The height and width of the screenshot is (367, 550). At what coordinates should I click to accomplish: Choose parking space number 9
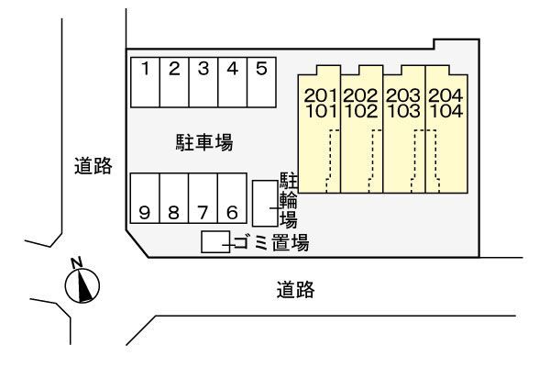(145, 199)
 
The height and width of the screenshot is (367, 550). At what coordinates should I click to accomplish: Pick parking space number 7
(203, 199)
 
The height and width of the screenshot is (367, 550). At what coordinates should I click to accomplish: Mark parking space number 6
(233, 199)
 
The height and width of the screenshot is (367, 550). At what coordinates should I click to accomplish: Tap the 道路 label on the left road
(93, 166)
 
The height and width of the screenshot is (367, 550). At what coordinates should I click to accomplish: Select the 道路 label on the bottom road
(295, 291)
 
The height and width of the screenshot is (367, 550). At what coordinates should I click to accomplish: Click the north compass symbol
(83, 284)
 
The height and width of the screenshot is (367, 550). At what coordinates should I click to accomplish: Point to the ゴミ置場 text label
(270, 243)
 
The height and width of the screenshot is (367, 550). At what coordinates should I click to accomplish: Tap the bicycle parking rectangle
(264, 203)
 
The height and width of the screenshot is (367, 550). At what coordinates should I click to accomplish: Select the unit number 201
(321, 95)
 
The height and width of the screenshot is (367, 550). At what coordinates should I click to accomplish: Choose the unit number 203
(403, 95)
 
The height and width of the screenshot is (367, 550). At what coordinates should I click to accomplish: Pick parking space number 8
(174, 199)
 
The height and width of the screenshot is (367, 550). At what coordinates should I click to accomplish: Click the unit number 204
(445, 95)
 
